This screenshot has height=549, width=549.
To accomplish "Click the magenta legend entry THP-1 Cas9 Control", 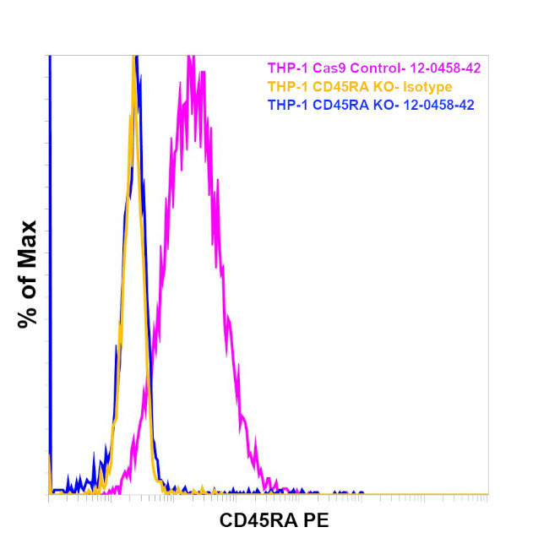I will pos(374,68).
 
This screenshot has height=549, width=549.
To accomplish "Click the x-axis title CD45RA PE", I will pos(274,521).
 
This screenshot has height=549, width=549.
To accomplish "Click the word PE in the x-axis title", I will pos(318,521).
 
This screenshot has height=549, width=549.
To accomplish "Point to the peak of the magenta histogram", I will pos(190,57).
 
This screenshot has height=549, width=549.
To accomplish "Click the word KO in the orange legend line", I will pos(381,87).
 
